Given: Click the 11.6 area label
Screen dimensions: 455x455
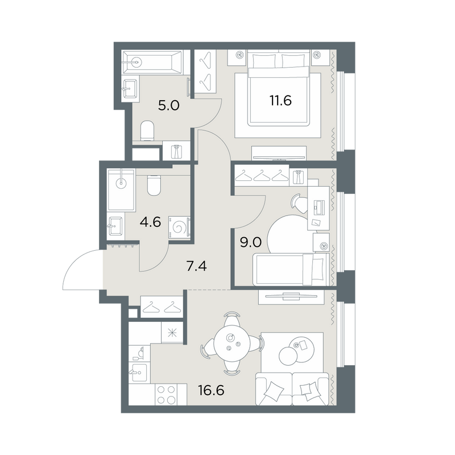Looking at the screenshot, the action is click(280, 101).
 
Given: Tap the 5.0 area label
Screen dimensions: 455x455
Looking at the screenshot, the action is click(168, 106).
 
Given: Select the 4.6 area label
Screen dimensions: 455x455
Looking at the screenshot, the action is click(150, 222).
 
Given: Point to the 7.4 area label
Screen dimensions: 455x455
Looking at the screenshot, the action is click(196, 266).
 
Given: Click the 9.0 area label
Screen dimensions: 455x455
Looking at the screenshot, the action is click(251, 242).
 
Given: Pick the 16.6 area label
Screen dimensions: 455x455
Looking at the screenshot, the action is click(211, 390).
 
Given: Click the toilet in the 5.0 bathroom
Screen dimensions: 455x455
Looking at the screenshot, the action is click(147, 131).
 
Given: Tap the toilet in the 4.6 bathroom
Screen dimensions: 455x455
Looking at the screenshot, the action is click(154, 185).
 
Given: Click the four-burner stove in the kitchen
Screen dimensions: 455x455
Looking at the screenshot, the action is click(167, 394).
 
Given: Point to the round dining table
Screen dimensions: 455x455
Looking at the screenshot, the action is click(232, 345).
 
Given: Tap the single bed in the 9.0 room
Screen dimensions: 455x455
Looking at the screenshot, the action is click(291, 269).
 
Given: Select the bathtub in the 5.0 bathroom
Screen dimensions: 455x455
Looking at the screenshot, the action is click(152, 62).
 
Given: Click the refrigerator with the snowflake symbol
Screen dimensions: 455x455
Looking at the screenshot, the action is click(172, 333).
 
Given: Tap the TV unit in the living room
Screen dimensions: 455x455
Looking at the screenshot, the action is click(291, 297).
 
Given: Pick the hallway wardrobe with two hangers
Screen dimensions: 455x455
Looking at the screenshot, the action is click(162, 307).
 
